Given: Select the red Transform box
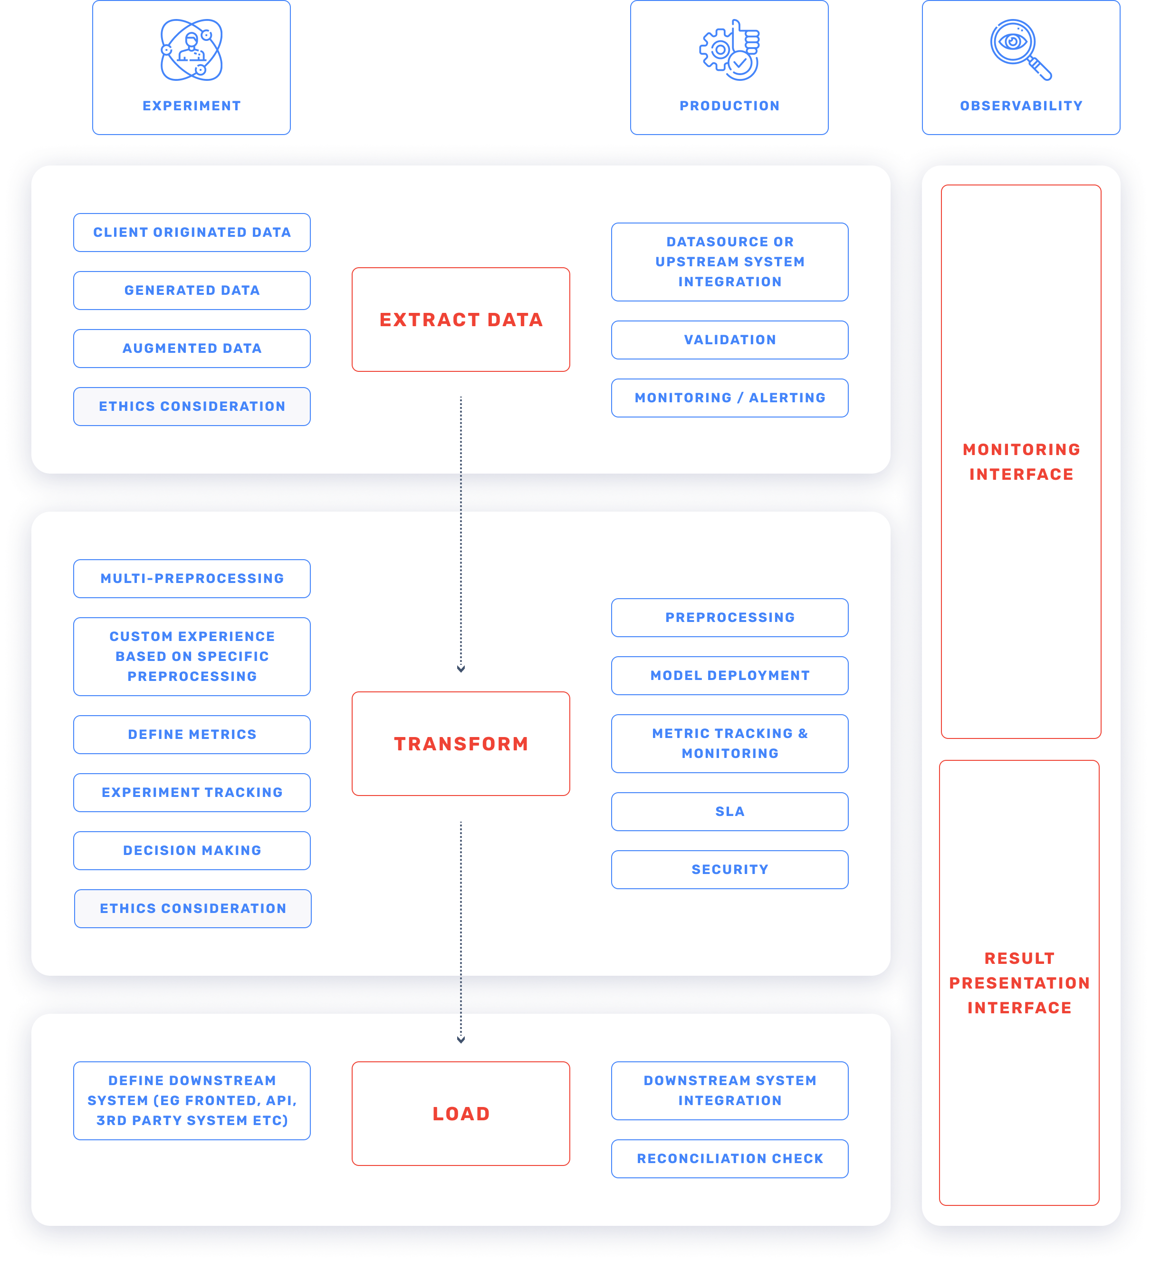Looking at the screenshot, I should click(x=460, y=743).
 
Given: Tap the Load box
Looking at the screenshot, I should click(x=460, y=1113).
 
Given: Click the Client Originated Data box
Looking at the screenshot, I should click(x=192, y=232).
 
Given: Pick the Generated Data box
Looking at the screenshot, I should click(x=192, y=291).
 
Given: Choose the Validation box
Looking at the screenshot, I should click(x=729, y=340).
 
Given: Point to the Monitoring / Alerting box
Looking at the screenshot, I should click(x=729, y=398).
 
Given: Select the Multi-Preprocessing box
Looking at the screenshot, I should click(x=192, y=578).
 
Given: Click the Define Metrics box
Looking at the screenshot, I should click(x=192, y=734).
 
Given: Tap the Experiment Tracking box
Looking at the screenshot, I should click(x=192, y=793).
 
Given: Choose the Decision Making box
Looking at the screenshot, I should click(x=192, y=850).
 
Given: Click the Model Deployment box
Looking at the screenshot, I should click(x=729, y=675).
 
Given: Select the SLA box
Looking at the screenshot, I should click(x=729, y=811).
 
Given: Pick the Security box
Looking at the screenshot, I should click(x=729, y=870).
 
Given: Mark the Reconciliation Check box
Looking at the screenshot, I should click(x=729, y=1159).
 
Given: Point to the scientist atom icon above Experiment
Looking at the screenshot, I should click(x=192, y=50).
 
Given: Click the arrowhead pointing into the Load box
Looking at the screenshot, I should click(x=460, y=1040).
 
